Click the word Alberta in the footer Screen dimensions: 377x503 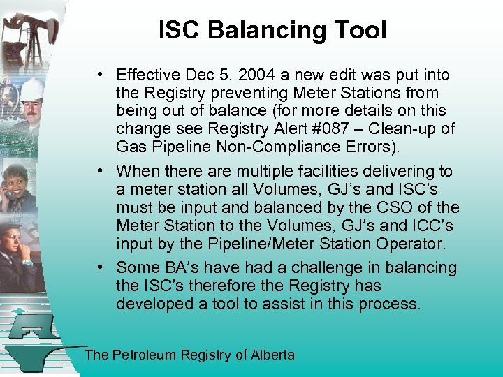click(x=272, y=355)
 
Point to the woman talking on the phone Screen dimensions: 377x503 click(x=20, y=183)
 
